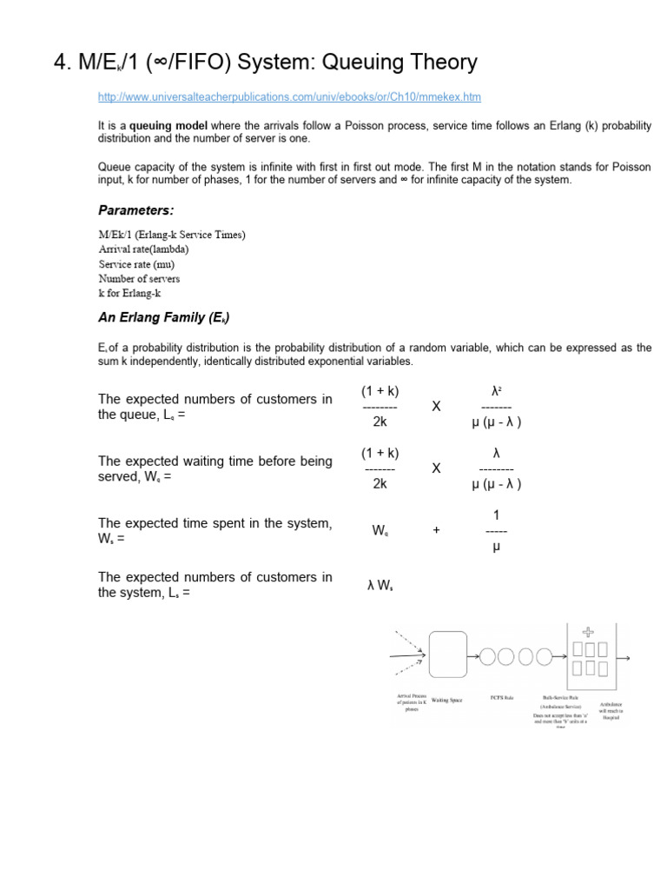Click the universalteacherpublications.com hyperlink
pos(289,96)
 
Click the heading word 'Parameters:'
pos(135,210)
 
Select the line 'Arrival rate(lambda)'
pos(143,249)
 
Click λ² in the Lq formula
pos(496,390)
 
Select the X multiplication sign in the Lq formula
pos(437,407)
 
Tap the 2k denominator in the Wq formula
pos(380,484)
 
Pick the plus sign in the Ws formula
pos(436,529)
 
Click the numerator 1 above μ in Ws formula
pos(496,515)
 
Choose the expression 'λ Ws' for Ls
pos(380,586)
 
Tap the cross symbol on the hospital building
pos(588,632)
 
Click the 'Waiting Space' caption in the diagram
pos(446,699)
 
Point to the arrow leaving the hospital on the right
pos(623,658)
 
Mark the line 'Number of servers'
pos(139,278)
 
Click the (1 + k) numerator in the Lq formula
pos(380,390)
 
